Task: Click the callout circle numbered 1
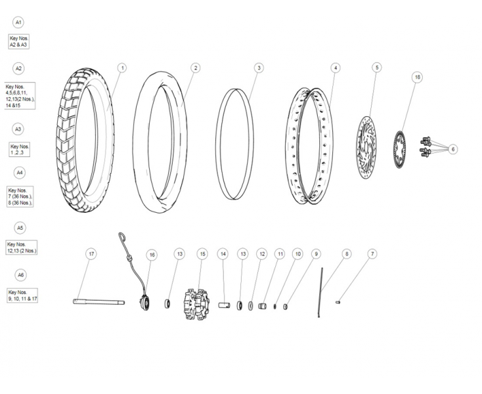point(122,68)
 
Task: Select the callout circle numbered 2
point(196,68)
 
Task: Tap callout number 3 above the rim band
point(259,68)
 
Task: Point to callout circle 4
point(336,68)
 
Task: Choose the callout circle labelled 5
point(376,68)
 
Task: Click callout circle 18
point(417,77)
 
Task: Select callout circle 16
point(152,254)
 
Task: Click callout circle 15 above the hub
point(202,253)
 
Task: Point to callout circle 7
point(372,253)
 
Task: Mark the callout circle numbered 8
point(347,253)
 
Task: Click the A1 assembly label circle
point(19,22)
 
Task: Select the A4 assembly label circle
point(19,172)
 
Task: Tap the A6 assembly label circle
point(19,275)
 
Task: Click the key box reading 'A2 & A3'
point(19,41)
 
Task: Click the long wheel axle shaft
point(99,302)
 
